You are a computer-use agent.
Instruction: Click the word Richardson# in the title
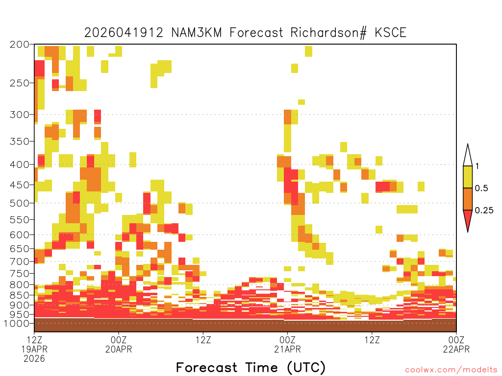pos(328,33)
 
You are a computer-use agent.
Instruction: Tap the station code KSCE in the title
pos(390,33)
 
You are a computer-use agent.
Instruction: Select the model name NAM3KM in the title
pos(197,33)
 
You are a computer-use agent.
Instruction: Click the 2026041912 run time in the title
pos(124,33)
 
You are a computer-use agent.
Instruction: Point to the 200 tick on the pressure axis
pos(20,45)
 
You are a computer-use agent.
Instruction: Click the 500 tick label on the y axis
pos(20,203)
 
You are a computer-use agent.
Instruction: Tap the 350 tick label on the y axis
pos(20,141)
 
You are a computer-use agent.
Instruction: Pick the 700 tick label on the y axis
pos(20,261)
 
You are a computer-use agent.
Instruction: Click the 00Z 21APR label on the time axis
pos(287,345)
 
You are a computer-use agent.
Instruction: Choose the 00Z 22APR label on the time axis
pos(456,345)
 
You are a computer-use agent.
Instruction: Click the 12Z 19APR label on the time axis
pos(34,345)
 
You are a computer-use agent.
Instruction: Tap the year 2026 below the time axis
pos(34,359)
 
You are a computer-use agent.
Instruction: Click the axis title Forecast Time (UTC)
pos(251,367)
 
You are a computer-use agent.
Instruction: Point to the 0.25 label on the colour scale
pos(484,211)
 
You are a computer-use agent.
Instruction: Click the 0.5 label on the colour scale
pos(481,188)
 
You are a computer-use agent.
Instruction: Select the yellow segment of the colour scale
pos(468,177)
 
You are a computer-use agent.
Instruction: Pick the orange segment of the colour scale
pos(468,199)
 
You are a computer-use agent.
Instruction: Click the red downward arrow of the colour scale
pos(468,219)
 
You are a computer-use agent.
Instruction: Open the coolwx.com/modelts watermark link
pos(451,370)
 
